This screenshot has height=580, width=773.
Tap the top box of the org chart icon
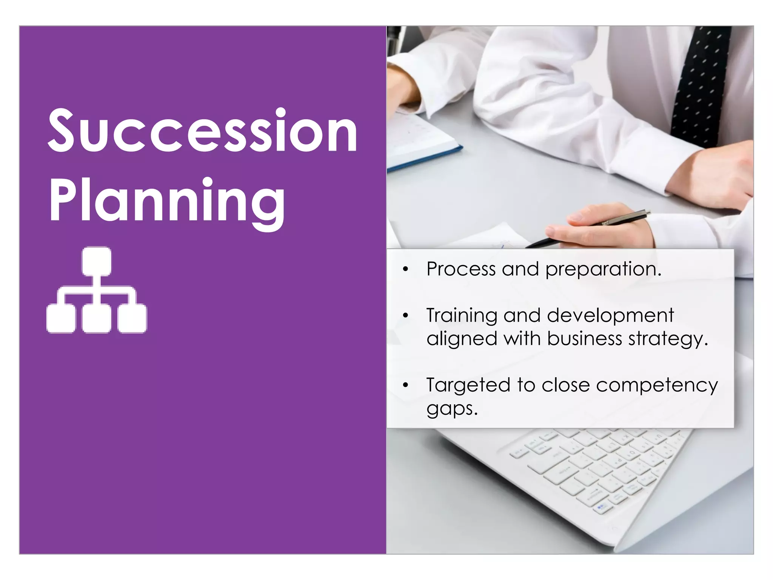tap(97, 261)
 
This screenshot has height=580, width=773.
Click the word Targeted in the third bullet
tap(468, 386)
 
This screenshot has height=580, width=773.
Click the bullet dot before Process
tap(405, 269)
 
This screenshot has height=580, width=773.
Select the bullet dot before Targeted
tap(405, 385)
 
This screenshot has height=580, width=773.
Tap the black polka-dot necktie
tap(700, 83)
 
